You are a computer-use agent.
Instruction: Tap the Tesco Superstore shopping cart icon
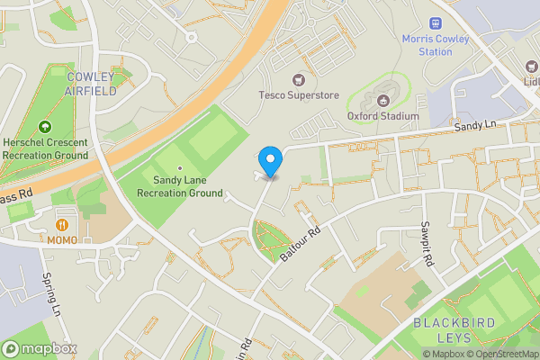(298, 79)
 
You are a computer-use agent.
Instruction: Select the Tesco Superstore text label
(298, 94)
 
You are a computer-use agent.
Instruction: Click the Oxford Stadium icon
(382, 100)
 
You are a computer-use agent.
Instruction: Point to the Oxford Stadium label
(383, 116)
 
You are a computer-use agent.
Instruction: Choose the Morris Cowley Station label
(436, 45)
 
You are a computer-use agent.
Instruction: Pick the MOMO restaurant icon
(62, 224)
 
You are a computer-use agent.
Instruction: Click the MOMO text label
(62, 240)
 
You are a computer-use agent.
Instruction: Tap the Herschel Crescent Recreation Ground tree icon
(44, 127)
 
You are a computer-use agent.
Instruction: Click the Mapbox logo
(40, 348)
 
